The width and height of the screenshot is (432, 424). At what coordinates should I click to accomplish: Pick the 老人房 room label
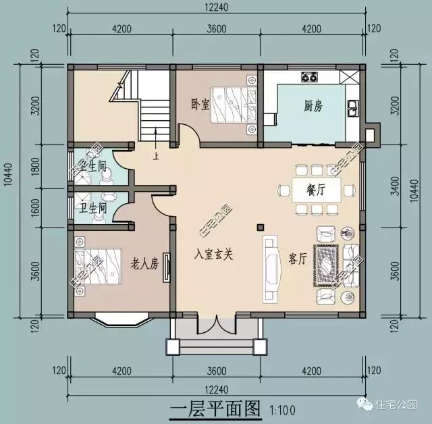coord(144,263)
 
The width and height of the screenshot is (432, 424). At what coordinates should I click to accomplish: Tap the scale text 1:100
coord(283,410)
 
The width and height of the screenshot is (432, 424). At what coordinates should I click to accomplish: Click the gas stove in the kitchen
coord(310,76)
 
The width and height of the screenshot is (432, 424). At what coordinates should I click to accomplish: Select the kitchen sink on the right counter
coord(352,106)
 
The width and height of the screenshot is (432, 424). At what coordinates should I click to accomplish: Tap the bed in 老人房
coord(91,260)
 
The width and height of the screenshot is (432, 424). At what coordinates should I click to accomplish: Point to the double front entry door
coord(215,327)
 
